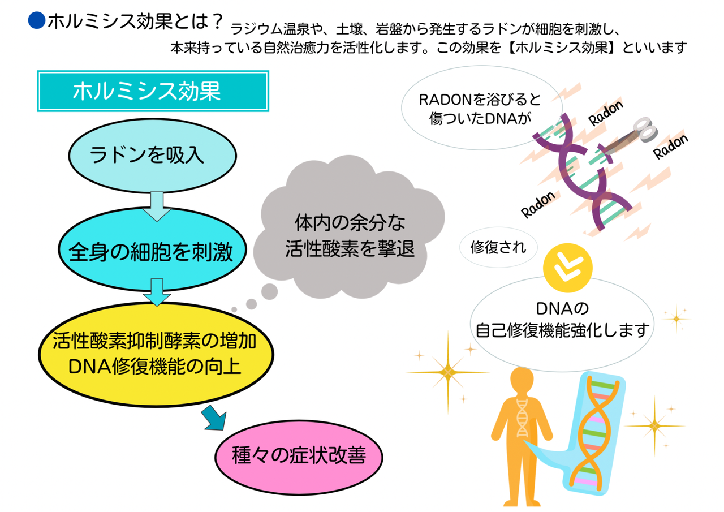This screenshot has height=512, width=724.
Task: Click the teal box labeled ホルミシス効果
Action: [x=153, y=91]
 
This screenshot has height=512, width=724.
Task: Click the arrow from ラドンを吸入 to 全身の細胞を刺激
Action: [x=156, y=206]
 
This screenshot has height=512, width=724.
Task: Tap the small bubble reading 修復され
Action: [x=498, y=247]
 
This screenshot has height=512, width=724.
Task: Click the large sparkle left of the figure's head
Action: [x=449, y=372]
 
